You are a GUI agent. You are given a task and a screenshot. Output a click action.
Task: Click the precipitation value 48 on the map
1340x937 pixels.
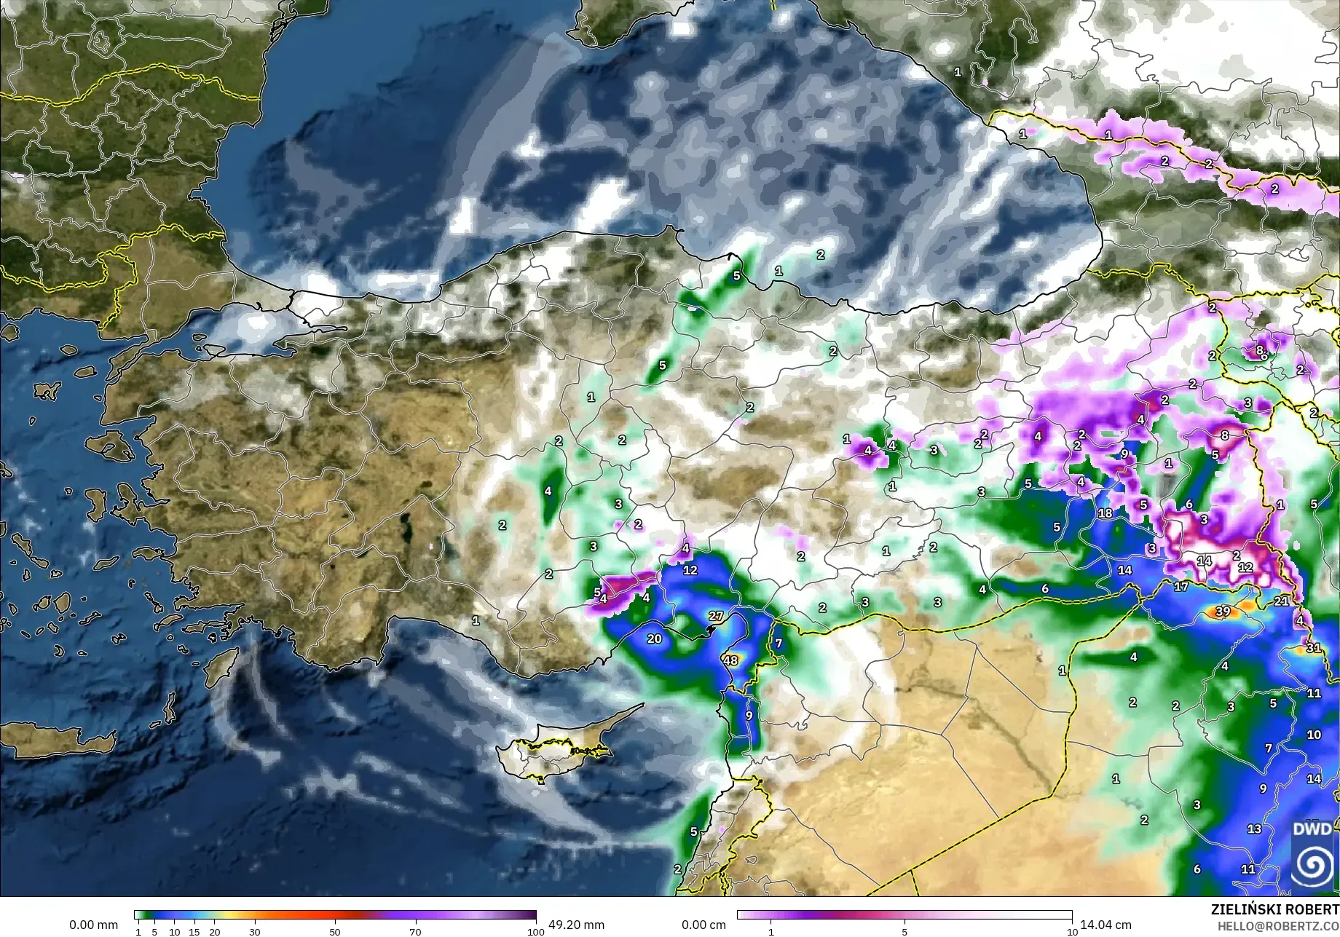[730, 660]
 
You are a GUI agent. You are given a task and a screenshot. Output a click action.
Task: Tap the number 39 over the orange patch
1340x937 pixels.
[1223, 612]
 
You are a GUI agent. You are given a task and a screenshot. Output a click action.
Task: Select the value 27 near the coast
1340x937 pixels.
[716, 616]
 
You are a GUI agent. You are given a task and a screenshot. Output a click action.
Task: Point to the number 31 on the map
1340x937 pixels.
[1313, 647]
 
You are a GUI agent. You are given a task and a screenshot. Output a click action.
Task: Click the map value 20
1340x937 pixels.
[654, 638]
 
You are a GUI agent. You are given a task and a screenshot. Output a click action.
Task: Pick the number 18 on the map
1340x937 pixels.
[1105, 513]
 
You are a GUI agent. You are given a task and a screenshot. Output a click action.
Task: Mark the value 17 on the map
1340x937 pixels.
[1181, 586]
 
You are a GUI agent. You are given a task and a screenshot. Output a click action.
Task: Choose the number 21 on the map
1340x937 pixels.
[1281, 601]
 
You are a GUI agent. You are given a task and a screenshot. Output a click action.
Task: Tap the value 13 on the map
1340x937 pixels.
[1254, 829]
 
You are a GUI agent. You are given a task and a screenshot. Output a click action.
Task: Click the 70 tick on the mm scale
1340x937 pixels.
[415, 931]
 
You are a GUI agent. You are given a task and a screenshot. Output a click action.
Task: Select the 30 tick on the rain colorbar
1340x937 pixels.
[254, 931]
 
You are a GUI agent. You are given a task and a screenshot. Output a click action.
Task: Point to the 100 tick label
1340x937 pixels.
[535, 931]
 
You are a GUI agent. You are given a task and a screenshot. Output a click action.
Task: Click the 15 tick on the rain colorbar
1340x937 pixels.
[194, 931]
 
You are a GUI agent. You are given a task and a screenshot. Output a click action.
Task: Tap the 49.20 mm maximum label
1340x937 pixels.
[576, 925]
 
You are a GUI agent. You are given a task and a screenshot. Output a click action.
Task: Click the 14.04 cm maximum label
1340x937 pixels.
[1105, 925]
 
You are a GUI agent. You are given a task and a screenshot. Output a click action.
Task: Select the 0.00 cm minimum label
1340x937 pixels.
[703, 925]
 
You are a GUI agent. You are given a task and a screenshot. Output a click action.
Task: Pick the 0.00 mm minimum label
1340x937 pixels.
[93, 925]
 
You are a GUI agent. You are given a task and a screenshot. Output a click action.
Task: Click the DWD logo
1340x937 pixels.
[1313, 855]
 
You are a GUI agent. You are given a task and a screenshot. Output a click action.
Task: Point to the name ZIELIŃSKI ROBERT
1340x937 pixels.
[1274, 909]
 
